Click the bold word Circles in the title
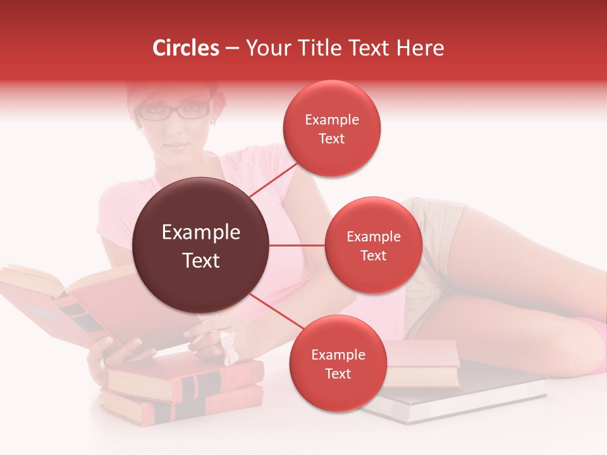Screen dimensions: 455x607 click(x=186, y=48)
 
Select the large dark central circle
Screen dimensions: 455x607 click(x=201, y=245)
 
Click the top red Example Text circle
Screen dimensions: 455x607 click(x=331, y=129)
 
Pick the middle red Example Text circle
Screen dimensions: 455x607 click(x=373, y=245)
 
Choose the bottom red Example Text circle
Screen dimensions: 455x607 click(x=338, y=364)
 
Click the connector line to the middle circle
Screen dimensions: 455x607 click(x=297, y=245)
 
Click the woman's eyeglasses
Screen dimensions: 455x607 click(x=175, y=112)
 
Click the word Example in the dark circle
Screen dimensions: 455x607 click(x=201, y=233)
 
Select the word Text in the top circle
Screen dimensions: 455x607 click(x=331, y=138)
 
